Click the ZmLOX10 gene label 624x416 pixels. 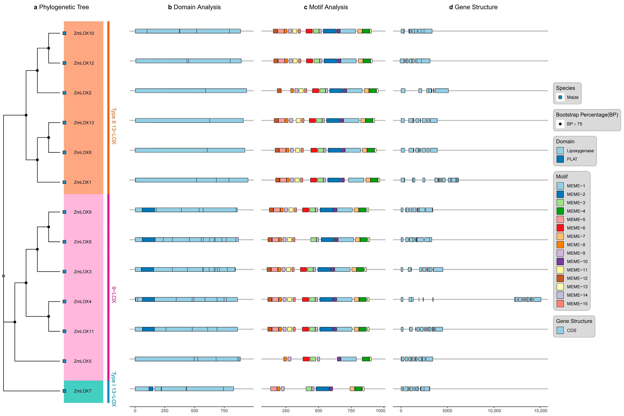click(x=84, y=33)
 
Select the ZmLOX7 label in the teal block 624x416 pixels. click(x=82, y=391)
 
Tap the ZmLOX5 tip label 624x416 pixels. click(x=82, y=361)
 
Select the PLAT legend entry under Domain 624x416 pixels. click(x=572, y=159)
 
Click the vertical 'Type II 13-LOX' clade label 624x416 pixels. click(x=114, y=126)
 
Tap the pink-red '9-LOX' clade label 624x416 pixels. click(x=114, y=294)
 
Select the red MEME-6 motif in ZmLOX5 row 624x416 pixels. click(x=306, y=359)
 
